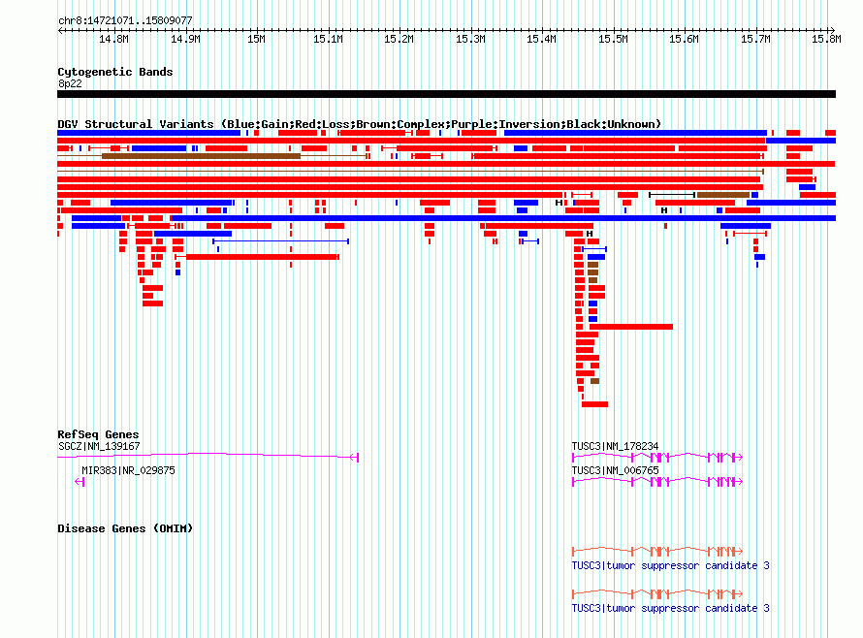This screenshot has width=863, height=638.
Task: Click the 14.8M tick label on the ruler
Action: (113, 39)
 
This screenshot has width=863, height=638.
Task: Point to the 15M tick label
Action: (257, 39)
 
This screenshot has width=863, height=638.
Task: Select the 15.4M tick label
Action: (542, 39)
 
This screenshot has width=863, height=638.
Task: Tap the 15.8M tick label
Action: (826, 39)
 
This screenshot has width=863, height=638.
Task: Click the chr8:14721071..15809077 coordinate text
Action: (125, 21)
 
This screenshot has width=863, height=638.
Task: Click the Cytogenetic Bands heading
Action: (115, 72)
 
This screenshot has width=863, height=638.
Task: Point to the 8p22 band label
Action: (70, 83)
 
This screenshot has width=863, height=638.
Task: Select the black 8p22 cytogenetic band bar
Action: (446, 94)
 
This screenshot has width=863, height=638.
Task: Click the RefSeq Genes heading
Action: (98, 434)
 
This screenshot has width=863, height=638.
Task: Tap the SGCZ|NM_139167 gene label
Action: (99, 446)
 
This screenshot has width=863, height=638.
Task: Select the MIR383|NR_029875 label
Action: (128, 470)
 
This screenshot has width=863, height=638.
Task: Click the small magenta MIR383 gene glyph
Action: (80, 482)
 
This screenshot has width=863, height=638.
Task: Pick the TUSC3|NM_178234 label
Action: (615, 446)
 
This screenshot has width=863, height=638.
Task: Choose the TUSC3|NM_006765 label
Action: (615, 470)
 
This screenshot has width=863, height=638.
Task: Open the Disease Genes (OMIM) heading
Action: (125, 528)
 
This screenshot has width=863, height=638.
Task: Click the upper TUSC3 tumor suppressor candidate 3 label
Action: (670, 566)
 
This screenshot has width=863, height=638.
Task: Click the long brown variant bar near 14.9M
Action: (201, 156)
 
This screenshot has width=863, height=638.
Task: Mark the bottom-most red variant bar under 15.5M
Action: (595, 404)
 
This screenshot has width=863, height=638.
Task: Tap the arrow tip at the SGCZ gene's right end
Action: (351, 457)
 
